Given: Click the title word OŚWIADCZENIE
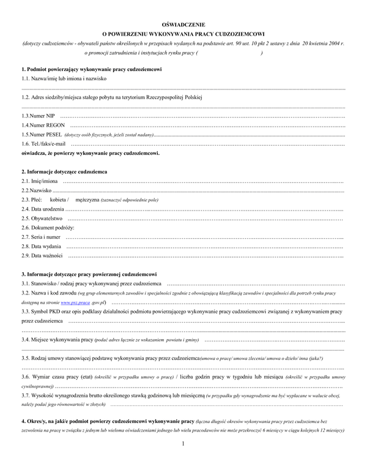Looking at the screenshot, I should (183, 23).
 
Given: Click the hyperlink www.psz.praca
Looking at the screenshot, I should (75, 302).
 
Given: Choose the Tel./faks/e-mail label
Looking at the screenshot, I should (43, 143).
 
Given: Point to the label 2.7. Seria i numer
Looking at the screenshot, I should (41, 236).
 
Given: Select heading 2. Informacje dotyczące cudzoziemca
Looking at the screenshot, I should (64, 172).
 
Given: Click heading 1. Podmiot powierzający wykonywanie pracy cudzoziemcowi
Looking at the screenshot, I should (91, 70).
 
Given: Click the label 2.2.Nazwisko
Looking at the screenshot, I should (37, 190).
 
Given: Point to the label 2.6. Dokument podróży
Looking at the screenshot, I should (44, 227).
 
